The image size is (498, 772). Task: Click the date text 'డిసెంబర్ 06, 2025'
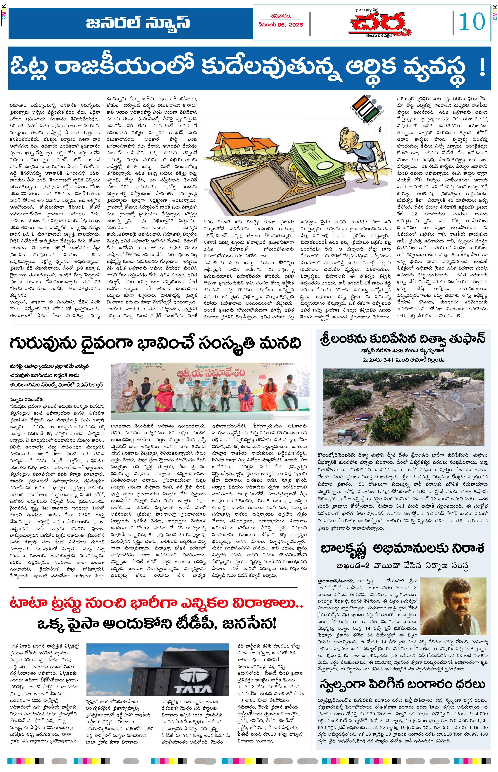click(281, 25)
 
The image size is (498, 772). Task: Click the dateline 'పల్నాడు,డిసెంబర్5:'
click(26, 400)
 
